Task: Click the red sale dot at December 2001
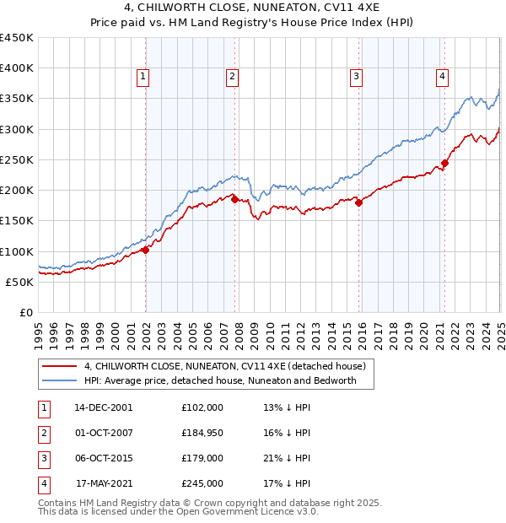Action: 146,250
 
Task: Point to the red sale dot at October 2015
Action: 358,202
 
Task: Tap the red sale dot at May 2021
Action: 444,163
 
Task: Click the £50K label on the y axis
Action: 20,282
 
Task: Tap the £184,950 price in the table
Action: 202,434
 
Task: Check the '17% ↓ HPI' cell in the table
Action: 287,483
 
